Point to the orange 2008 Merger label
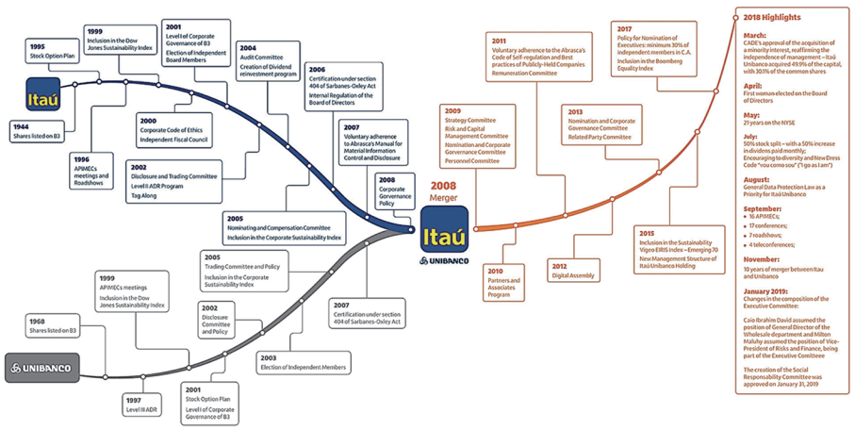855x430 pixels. (x=443, y=191)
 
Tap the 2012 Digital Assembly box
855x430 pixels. (x=574, y=271)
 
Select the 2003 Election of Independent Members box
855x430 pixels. (x=304, y=362)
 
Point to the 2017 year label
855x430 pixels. (x=626, y=29)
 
